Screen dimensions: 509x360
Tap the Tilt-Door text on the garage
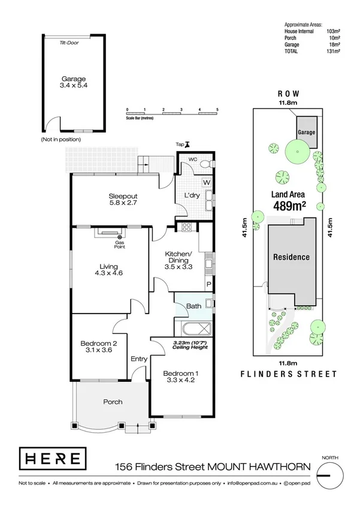click(x=71, y=43)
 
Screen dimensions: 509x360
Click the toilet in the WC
click(x=205, y=164)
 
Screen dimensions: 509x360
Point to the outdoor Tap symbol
click(x=187, y=144)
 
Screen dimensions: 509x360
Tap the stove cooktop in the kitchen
click(x=186, y=227)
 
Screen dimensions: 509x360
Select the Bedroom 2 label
click(x=98, y=348)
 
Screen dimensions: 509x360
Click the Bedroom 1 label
click(x=181, y=378)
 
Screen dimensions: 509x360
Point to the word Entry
click(x=139, y=359)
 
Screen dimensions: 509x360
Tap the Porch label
click(x=113, y=402)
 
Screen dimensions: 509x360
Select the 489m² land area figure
click(x=290, y=205)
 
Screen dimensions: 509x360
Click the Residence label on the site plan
click(x=292, y=257)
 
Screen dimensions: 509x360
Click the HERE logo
click(x=50, y=459)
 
